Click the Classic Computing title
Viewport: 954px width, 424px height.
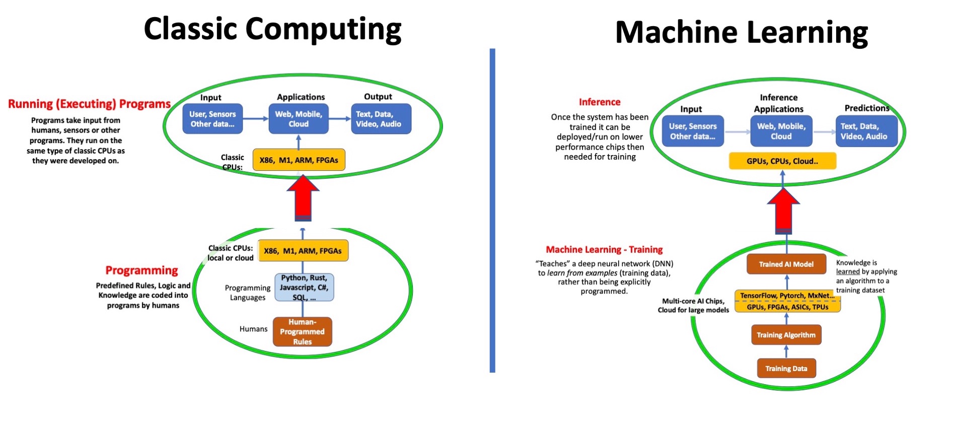pos(272,29)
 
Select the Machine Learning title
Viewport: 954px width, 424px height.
pos(741,32)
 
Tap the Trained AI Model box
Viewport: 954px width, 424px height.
pos(786,264)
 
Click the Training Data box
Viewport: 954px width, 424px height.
pos(786,369)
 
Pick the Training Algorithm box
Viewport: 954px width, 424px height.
pos(786,335)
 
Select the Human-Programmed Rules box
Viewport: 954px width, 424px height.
pos(302,332)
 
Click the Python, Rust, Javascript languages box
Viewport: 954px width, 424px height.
pos(304,288)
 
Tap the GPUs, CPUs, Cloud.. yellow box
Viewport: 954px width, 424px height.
pos(782,161)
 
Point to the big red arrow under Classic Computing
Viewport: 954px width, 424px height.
pos(303,198)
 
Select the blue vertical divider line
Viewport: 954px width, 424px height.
pos(492,211)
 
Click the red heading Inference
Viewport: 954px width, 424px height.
pos(599,102)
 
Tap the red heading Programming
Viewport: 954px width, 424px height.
pos(141,270)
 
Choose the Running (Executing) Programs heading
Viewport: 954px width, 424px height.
pos(89,104)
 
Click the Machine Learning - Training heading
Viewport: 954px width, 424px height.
pos(604,250)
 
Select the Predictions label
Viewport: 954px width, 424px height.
pos(866,108)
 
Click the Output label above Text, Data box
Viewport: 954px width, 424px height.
pos(378,97)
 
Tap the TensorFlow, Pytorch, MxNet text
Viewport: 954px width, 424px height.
pos(786,296)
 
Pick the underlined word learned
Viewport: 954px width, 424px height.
pos(848,271)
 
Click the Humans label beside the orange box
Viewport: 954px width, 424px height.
pos(253,329)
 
